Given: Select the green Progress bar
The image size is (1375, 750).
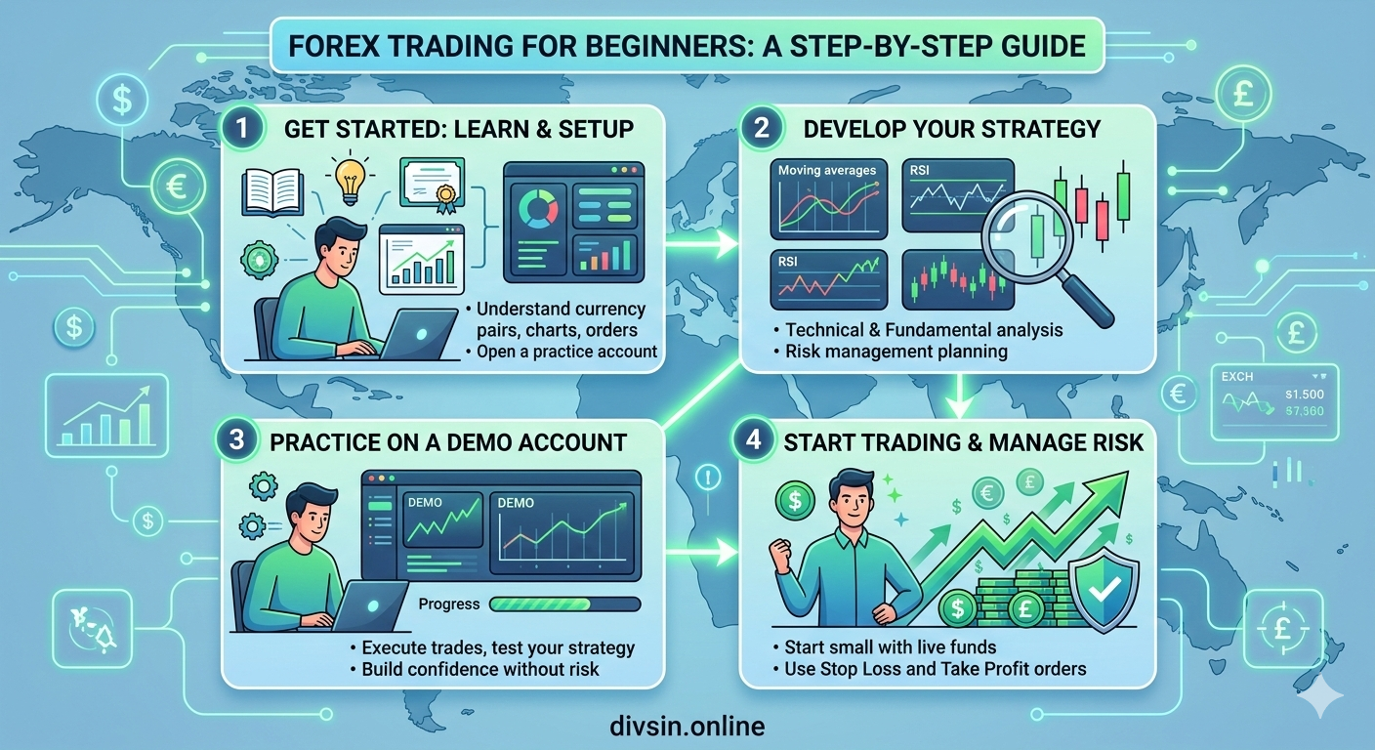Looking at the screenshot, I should click(x=564, y=604).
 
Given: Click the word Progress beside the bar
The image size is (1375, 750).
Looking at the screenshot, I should click(x=449, y=604).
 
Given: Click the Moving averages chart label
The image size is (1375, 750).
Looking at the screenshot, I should click(x=827, y=171).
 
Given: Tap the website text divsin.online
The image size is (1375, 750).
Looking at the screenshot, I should click(x=686, y=726).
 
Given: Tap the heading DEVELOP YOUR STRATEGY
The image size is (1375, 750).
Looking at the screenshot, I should click(x=953, y=128).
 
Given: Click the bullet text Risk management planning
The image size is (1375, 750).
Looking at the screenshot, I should click(x=896, y=351).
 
